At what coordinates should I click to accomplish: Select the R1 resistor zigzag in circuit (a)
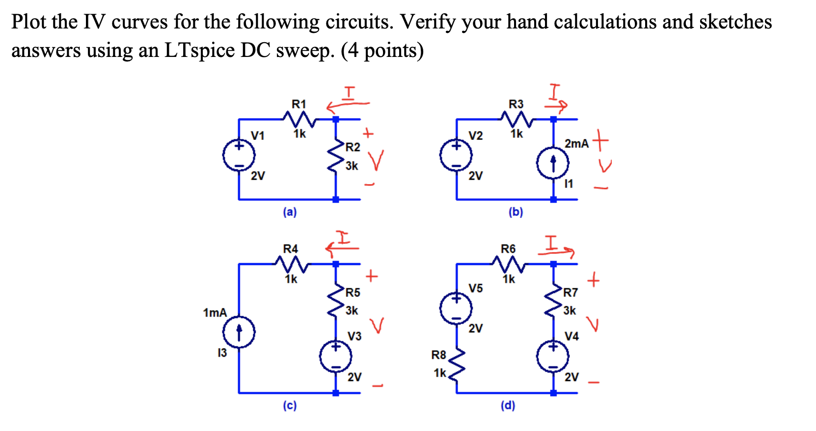click(299, 119)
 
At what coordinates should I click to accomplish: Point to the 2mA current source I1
click(553, 164)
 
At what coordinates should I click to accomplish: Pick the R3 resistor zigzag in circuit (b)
click(516, 119)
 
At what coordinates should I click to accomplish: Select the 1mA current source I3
click(239, 332)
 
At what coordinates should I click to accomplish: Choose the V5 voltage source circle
click(456, 308)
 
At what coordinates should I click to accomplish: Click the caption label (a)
click(290, 212)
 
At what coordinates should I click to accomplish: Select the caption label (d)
click(508, 405)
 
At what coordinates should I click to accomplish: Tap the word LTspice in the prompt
click(199, 51)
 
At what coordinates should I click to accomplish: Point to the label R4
click(291, 249)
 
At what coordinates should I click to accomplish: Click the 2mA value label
click(576, 144)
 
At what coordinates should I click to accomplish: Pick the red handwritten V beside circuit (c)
click(377, 325)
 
